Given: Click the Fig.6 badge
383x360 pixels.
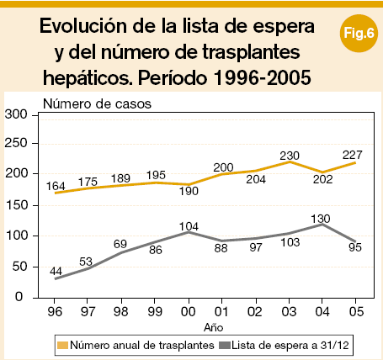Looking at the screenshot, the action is [359, 33].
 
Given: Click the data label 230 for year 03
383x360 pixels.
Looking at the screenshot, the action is [290, 156].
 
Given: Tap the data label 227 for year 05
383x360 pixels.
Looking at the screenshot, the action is [353, 155].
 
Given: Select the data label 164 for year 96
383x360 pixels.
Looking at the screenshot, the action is [56, 186].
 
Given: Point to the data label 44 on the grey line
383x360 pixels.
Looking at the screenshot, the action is [56, 271].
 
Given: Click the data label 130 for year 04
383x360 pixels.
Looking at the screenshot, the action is [321, 219].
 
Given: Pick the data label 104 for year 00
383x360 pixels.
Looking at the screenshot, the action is [189, 226].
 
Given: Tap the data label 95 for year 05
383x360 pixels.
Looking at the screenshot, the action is [355, 247].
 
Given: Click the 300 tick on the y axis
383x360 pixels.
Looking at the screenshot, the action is [16, 114].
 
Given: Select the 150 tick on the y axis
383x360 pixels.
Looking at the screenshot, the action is [16, 205].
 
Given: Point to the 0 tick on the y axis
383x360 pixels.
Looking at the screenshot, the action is [19, 296].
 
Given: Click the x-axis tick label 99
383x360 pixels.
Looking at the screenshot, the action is [155, 311].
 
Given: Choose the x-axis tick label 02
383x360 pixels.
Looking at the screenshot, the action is [255, 311].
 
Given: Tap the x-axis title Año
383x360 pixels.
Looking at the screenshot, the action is [213, 327].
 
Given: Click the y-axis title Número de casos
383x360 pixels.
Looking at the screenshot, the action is [97, 104].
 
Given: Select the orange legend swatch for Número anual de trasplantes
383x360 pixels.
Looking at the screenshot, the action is [62, 346].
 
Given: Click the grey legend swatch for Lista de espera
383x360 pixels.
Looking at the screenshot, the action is [225, 346].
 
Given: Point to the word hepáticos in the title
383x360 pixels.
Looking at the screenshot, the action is [88, 77].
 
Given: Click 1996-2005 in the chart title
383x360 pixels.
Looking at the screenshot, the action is [263, 77].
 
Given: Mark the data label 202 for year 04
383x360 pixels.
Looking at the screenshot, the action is [322, 179].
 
